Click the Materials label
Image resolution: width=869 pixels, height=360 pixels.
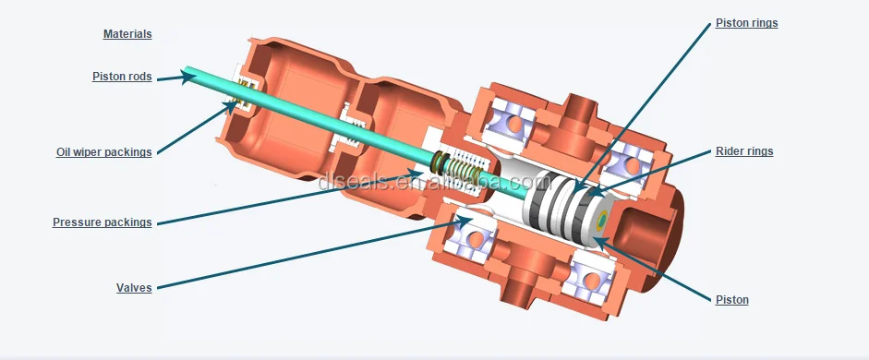click(x=127, y=34)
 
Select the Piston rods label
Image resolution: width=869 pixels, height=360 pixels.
click(x=122, y=77)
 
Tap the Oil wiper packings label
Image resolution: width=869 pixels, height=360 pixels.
click(x=103, y=151)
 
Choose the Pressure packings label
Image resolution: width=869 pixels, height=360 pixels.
click(x=102, y=222)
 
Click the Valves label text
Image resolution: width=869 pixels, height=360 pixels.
click(x=134, y=287)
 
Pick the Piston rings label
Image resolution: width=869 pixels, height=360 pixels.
click(x=746, y=23)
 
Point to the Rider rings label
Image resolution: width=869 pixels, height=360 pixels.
click(x=744, y=151)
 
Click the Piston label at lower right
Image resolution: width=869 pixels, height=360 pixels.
click(x=732, y=300)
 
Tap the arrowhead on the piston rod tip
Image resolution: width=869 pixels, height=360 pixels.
click(x=189, y=77)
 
